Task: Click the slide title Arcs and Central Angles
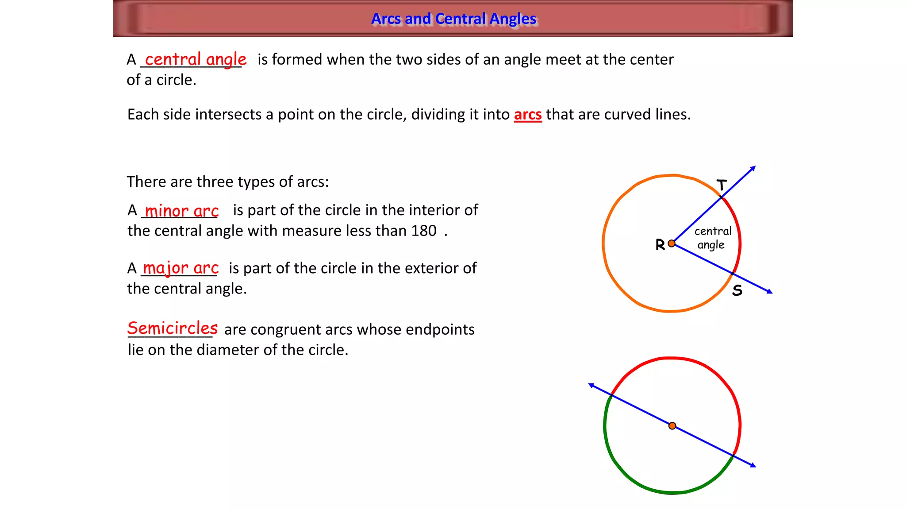453,19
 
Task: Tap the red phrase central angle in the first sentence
196,59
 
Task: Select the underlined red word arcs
528,114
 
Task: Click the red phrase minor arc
182,211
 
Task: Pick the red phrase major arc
180,268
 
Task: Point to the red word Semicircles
173,328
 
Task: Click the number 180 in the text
423,231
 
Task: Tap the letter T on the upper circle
722,185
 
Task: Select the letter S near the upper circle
737,290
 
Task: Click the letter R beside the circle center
660,244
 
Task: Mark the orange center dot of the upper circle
672,243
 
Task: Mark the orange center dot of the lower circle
672,426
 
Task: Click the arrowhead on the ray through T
753,168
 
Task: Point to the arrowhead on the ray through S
770,291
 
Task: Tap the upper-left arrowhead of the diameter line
591,386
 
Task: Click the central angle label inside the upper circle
712,238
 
